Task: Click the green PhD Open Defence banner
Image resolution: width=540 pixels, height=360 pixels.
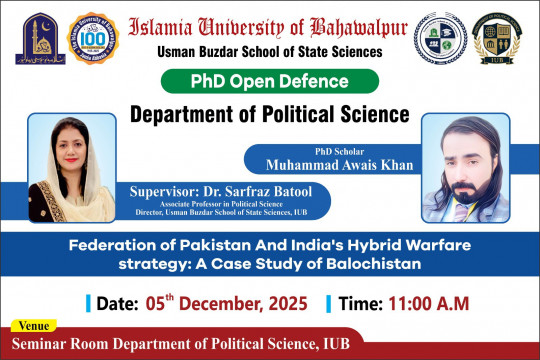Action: [x=270, y=81]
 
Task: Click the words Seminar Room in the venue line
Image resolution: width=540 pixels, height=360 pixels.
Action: [x=61, y=345]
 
